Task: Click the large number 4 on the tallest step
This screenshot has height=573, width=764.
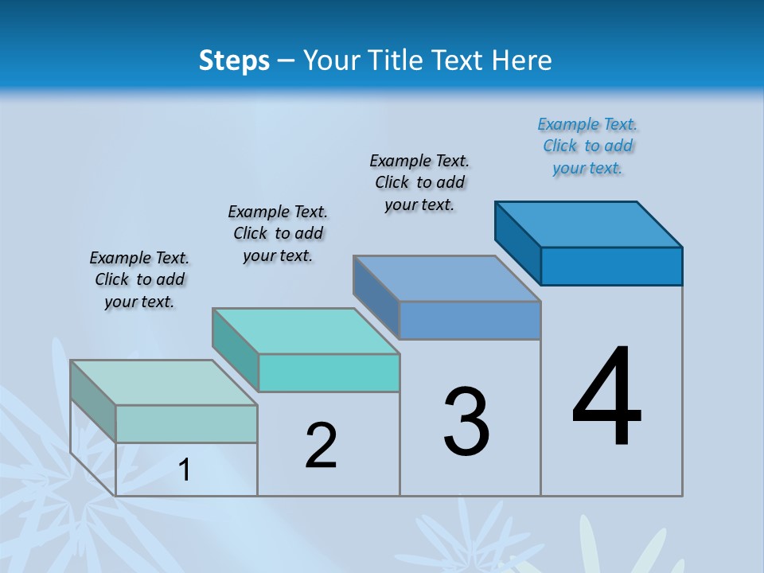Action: [x=607, y=398]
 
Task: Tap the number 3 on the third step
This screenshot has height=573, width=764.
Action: [x=466, y=422]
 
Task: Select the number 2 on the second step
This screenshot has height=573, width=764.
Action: [x=322, y=446]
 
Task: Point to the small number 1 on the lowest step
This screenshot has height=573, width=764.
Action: [x=185, y=470]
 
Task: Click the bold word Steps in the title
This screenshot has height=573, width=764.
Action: [x=234, y=60]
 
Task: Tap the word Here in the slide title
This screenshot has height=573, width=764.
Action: [x=522, y=60]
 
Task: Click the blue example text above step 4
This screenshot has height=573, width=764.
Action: [x=587, y=146]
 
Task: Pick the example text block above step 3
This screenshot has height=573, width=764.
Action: [x=419, y=182]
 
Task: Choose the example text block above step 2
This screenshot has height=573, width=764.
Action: [x=278, y=233]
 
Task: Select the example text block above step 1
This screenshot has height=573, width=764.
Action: [x=139, y=279]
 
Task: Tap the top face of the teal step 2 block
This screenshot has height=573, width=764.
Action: [x=306, y=330]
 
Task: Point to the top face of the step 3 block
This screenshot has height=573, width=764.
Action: [x=447, y=279]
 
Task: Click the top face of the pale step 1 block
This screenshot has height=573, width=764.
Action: [x=164, y=382]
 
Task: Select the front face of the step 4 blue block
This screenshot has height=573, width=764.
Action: [x=611, y=266]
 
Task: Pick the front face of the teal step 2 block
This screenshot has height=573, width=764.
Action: [x=329, y=372]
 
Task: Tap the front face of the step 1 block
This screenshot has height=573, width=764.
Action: [x=186, y=423]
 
